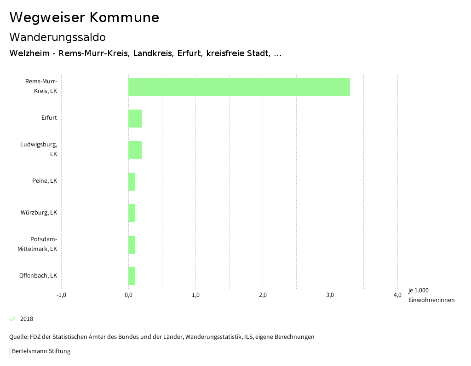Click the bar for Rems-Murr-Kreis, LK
239,87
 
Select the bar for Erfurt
135,118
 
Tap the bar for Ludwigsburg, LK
135,150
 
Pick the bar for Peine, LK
132,181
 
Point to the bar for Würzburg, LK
132,213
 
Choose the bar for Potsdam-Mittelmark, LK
132,244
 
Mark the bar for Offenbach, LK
132,276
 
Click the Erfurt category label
49,118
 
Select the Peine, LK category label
45,181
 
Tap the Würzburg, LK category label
39,213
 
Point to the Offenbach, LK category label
38,276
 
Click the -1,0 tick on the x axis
61,295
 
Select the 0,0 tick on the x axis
128,295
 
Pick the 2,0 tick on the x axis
263,295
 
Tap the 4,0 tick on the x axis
397,295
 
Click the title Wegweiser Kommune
84,17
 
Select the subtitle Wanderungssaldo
57,37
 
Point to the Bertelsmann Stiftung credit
40,351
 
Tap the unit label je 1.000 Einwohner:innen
431,295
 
